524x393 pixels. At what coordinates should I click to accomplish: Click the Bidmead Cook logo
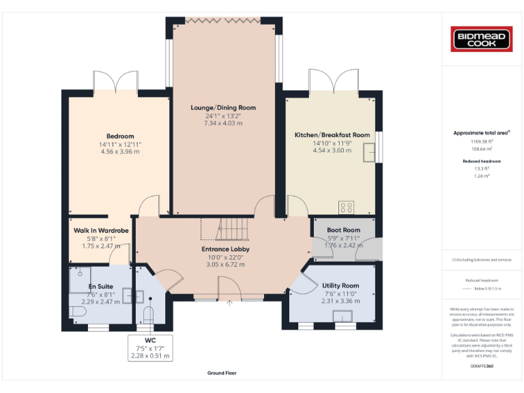(482, 38)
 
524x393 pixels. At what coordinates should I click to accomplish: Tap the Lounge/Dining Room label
(223, 108)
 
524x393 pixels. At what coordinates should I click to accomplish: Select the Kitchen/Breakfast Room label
(332, 135)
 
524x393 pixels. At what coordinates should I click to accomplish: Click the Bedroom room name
(120, 136)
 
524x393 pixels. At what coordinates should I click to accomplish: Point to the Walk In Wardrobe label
(101, 231)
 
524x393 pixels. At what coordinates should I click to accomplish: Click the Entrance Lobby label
(225, 249)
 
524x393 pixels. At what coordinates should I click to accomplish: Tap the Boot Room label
(343, 230)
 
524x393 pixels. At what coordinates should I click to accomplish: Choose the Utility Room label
(340, 285)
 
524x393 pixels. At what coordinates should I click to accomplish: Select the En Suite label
(100, 287)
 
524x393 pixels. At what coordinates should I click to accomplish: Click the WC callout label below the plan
(151, 340)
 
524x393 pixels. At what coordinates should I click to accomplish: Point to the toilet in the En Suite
(76, 312)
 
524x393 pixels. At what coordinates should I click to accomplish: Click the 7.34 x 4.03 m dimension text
(223, 123)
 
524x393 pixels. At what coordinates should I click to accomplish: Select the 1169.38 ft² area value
(482, 141)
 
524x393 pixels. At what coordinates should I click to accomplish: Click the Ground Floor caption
(222, 373)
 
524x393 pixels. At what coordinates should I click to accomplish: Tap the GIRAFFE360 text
(482, 366)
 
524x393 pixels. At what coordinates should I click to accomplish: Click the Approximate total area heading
(482, 133)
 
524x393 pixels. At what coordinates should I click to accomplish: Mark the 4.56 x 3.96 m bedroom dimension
(120, 151)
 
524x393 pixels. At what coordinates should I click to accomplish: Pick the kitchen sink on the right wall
(368, 155)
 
